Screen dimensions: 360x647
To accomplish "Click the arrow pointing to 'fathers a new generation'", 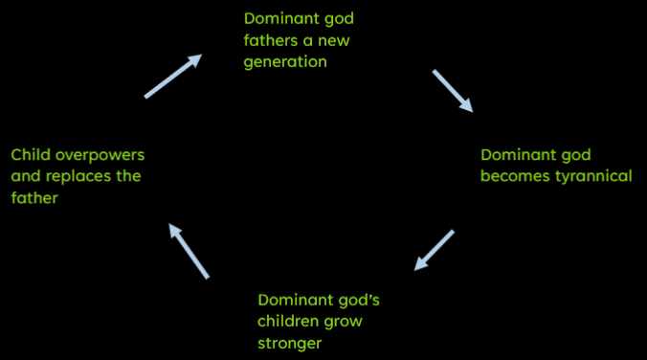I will tap(173, 77).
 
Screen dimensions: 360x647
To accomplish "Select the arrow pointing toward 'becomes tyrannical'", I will tap(453, 91).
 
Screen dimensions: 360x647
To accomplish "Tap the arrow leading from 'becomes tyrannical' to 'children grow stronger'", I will tap(434, 251).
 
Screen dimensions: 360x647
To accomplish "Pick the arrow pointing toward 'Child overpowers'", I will tap(188, 250).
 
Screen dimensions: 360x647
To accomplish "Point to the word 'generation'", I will tap(286, 62).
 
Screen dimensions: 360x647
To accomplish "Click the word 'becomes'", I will tap(511, 176).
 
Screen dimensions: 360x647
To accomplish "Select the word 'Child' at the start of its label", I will tap(31, 153).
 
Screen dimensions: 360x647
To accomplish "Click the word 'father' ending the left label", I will tap(34, 198).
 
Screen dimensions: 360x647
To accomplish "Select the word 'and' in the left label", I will tap(27, 176).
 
